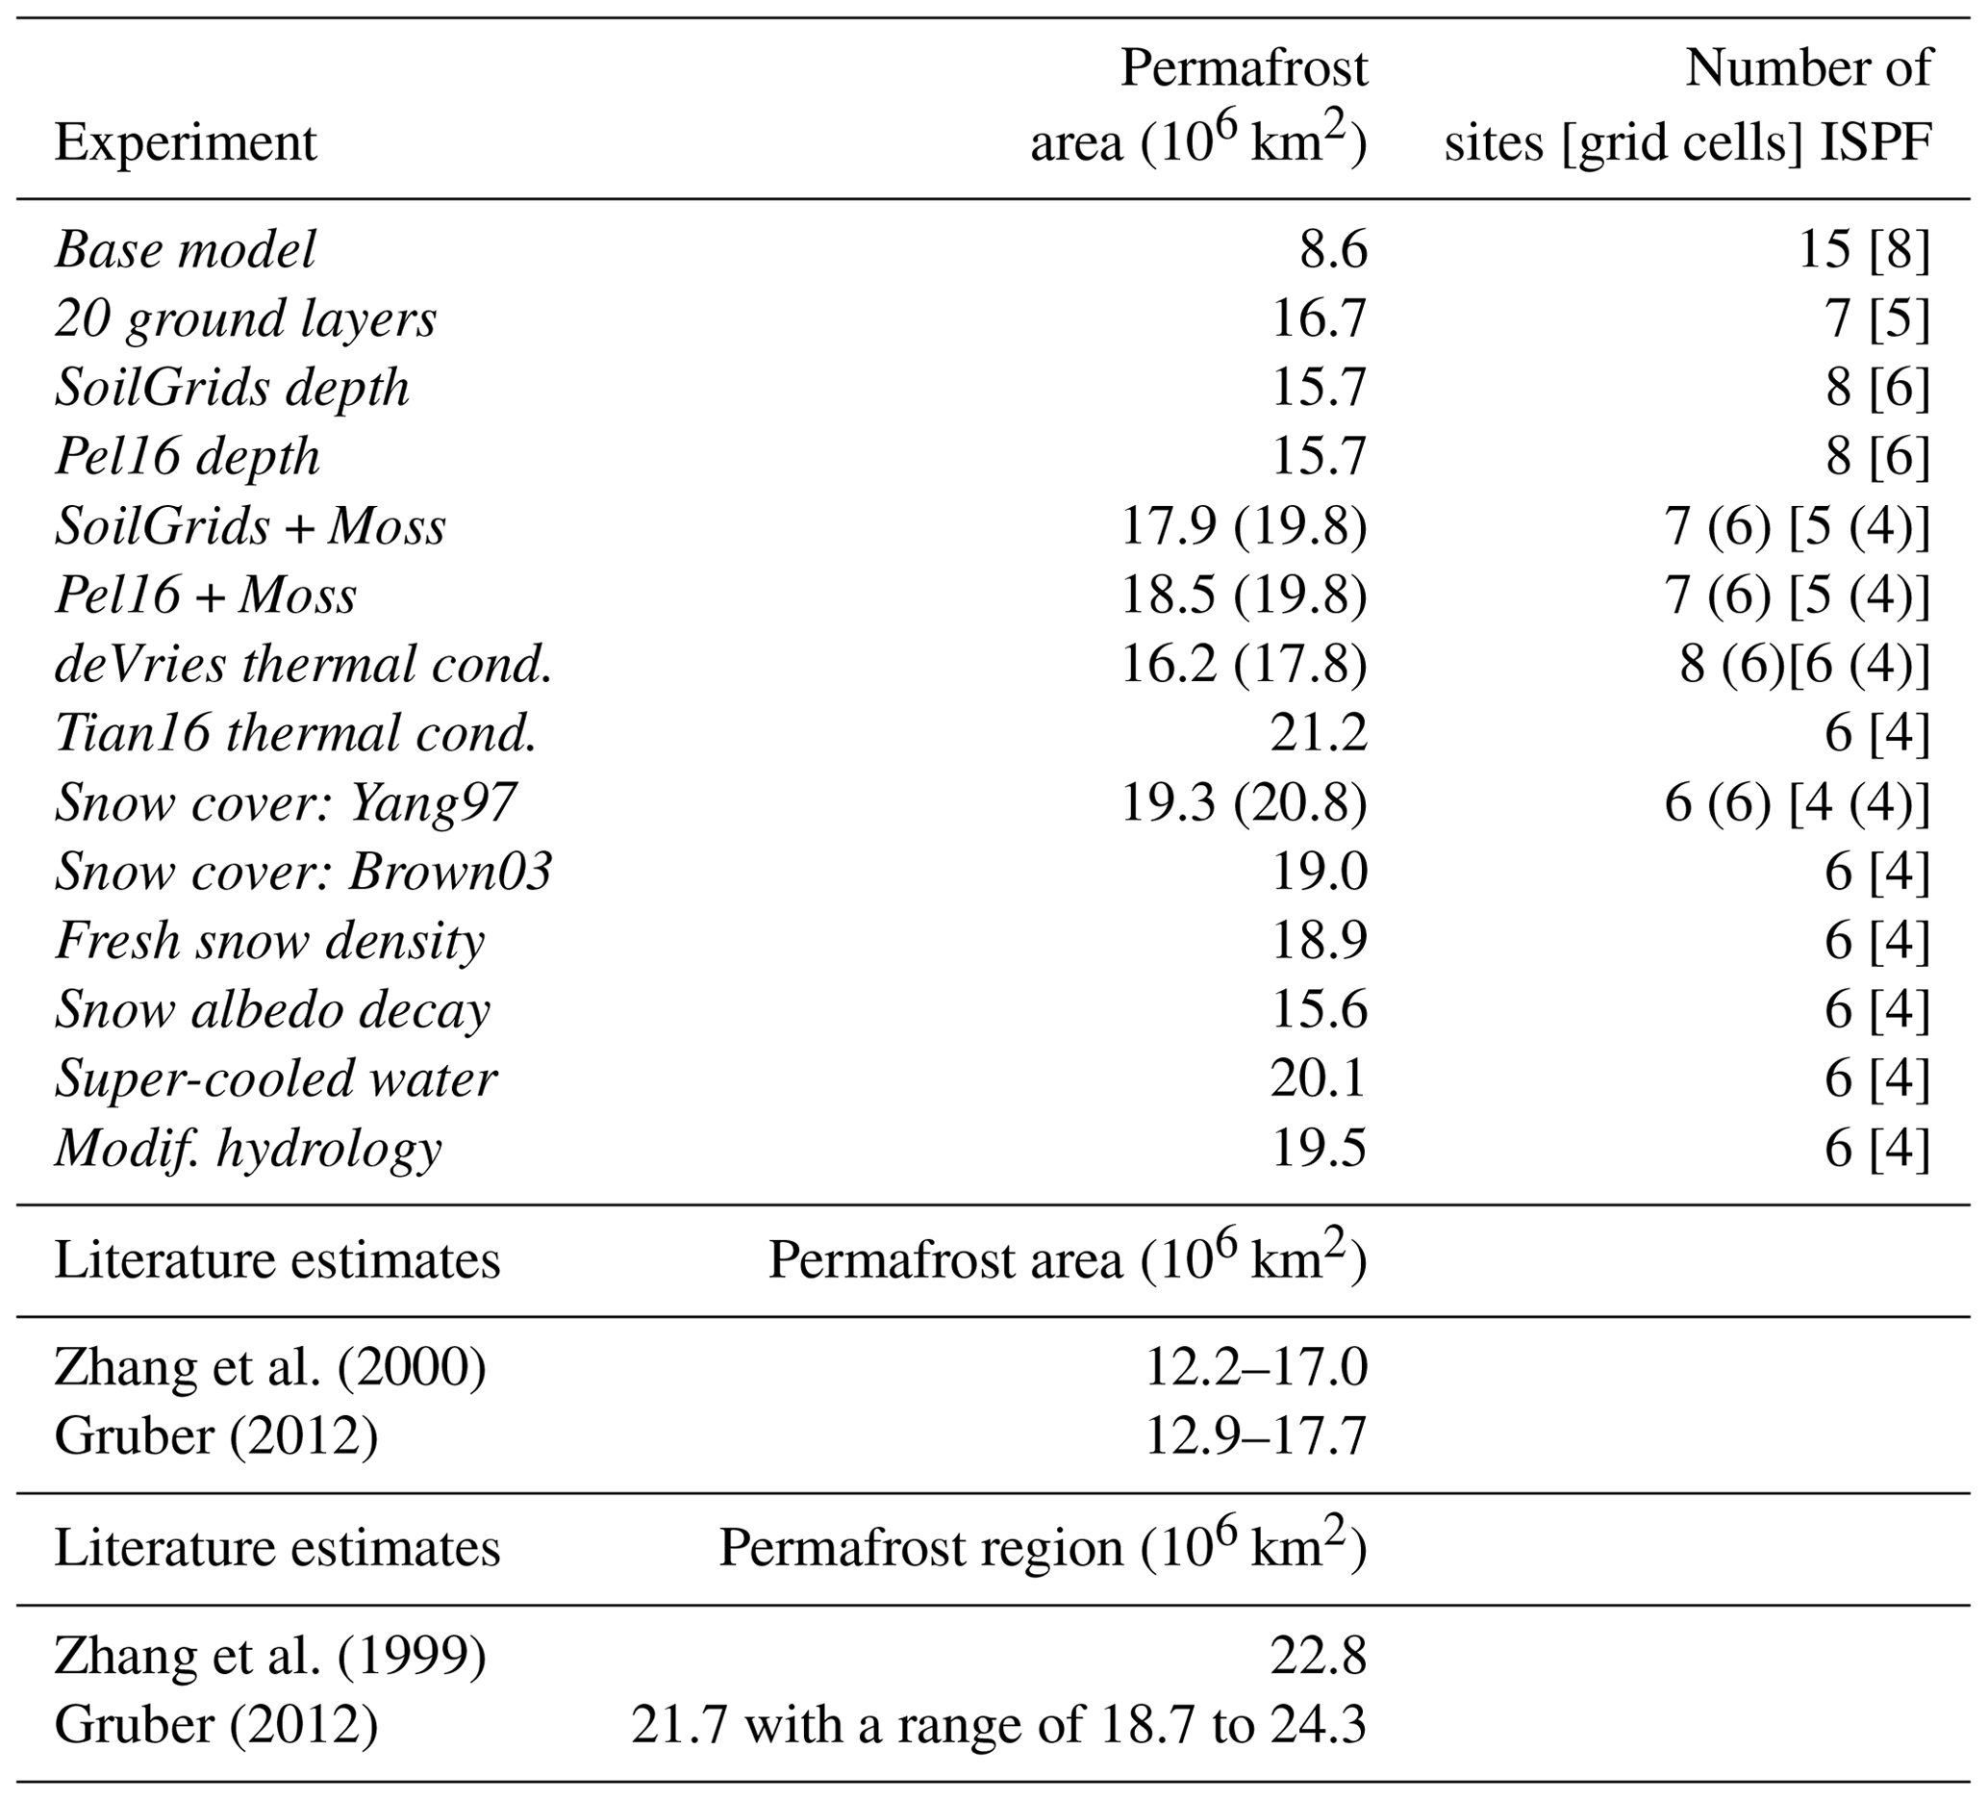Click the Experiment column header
(186, 143)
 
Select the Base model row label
(186, 249)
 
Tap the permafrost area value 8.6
(1333, 249)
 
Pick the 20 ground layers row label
(245, 319)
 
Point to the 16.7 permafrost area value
(1319, 319)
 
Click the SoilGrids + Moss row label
(250, 526)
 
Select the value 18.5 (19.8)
(1244, 596)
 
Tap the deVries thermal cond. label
(304, 665)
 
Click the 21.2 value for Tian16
(1319, 734)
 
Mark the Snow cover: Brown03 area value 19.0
(1319, 872)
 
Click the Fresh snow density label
(270, 941)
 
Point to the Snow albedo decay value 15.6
(1319, 1010)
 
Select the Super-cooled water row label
(276, 1079)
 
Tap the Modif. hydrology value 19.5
(1319, 1148)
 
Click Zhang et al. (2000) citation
(270, 1368)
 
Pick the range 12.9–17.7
(1255, 1437)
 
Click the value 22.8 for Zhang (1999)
(1319, 1656)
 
